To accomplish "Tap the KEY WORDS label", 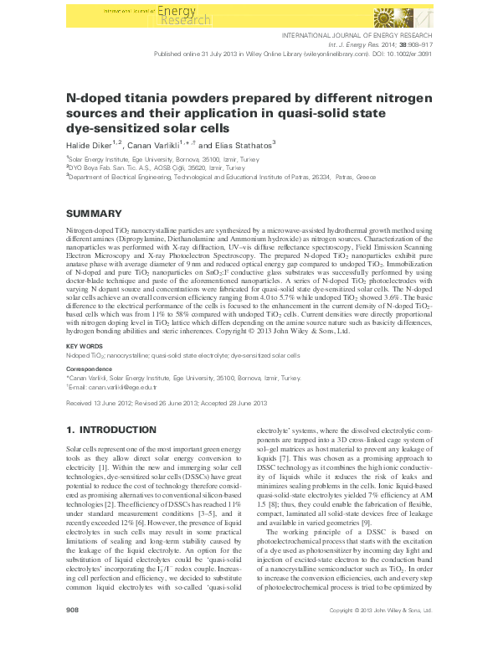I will (x=85, y=345).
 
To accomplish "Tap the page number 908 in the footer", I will (x=72, y=634).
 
